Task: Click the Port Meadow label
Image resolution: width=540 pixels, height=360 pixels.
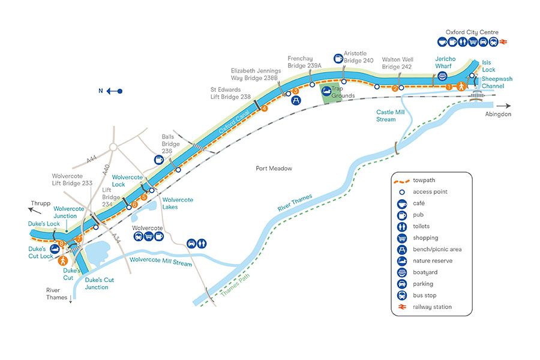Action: coord(274,169)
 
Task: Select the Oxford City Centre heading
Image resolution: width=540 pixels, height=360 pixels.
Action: coord(472,32)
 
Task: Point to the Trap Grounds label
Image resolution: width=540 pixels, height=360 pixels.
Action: coord(343,92)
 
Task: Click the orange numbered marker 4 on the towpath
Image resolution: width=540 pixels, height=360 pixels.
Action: coord(264,108)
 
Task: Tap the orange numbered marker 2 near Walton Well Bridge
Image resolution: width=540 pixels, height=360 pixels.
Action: coord(395,88)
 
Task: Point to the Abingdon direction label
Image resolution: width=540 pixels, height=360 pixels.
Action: coord(499,114)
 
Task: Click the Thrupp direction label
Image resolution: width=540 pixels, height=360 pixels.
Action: coord(38,203)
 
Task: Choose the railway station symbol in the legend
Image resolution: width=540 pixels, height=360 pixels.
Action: coord(401,307)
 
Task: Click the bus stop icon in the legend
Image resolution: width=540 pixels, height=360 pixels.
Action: coord(401,296)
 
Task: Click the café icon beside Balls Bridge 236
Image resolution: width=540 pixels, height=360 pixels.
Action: coord(158,160)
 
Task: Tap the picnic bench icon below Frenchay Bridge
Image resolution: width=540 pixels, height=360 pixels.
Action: coord(296,100)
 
